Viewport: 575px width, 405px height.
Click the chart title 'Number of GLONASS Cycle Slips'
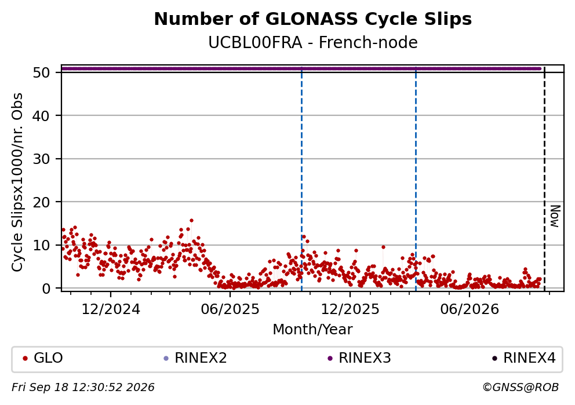coord(313,19)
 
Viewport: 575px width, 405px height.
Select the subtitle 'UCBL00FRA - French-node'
coord(313,42)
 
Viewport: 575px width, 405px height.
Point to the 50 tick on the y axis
coord(41,72)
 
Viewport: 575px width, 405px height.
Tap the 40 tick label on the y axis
coord(41,116)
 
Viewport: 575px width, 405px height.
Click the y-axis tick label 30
coord(41,159)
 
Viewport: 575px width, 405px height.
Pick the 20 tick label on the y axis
coord(41,202)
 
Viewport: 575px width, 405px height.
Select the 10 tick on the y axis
coord(41,245)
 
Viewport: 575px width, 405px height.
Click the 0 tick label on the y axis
coord(45,289)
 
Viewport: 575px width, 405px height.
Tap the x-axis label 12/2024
coord(110,310)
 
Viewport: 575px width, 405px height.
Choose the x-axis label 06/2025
coord(230,310)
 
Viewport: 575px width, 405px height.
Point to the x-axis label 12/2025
coord(350,310)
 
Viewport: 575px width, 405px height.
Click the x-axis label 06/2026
coord(470,310)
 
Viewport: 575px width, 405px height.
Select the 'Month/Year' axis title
coord(312,330)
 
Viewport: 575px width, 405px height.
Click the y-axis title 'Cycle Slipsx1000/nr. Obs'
coord(17,182)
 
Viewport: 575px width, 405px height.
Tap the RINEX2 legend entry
coord(195,358)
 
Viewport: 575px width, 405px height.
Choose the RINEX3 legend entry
coord(359,358)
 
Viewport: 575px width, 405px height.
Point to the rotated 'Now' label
coord(555,216)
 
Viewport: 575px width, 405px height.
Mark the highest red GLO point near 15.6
coord(191,221)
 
